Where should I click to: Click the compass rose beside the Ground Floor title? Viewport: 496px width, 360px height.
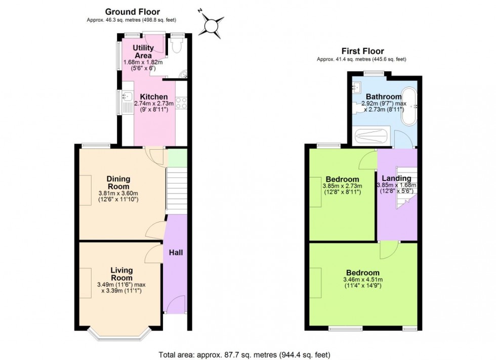(x=211, y=24)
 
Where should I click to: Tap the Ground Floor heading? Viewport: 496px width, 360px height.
(x=132, y=12)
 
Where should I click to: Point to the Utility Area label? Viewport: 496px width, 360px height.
(x=143, y=52)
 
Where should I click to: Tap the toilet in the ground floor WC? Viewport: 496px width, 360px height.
(x=176, y=47)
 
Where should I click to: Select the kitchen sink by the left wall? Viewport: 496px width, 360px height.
(x=127, y=96)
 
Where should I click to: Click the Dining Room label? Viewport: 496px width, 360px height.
(x=118, y=183)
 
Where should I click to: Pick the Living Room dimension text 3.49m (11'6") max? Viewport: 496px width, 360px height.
(x=121, y=285)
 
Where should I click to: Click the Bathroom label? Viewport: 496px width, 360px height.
(x=384, y=97)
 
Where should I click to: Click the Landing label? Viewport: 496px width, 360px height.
(x=396, y=178)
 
